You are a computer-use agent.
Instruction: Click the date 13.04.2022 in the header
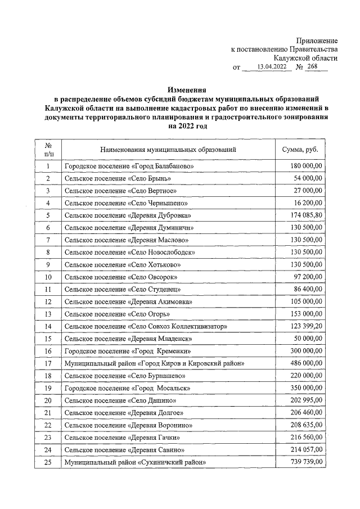click(272, 67)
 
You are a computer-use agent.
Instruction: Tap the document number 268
click(312, 67)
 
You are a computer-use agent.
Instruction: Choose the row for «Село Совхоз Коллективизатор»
click(146, 326)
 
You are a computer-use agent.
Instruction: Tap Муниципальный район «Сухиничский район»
click(134, 462)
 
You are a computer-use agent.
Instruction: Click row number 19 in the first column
click(48, 388)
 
